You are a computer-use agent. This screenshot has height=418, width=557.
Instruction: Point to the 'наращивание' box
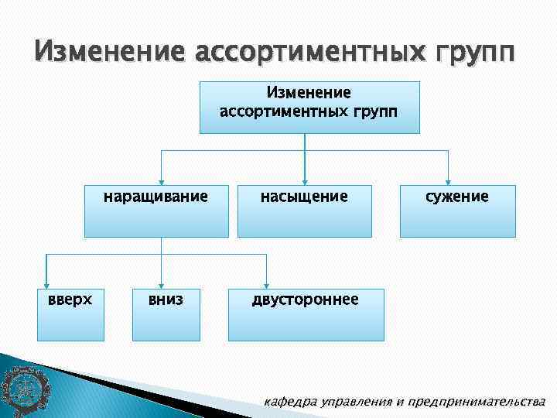tap(156, 210)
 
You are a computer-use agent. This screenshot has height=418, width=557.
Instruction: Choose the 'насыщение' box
tap(304, 210)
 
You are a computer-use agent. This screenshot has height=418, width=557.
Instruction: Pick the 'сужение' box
tap(457, 210)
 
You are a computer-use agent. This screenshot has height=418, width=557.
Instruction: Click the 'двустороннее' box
tap(306, 314)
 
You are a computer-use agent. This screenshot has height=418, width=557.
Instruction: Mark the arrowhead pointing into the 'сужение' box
tap(449, 179)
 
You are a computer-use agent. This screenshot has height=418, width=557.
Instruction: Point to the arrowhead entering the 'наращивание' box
tap(160, 179)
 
